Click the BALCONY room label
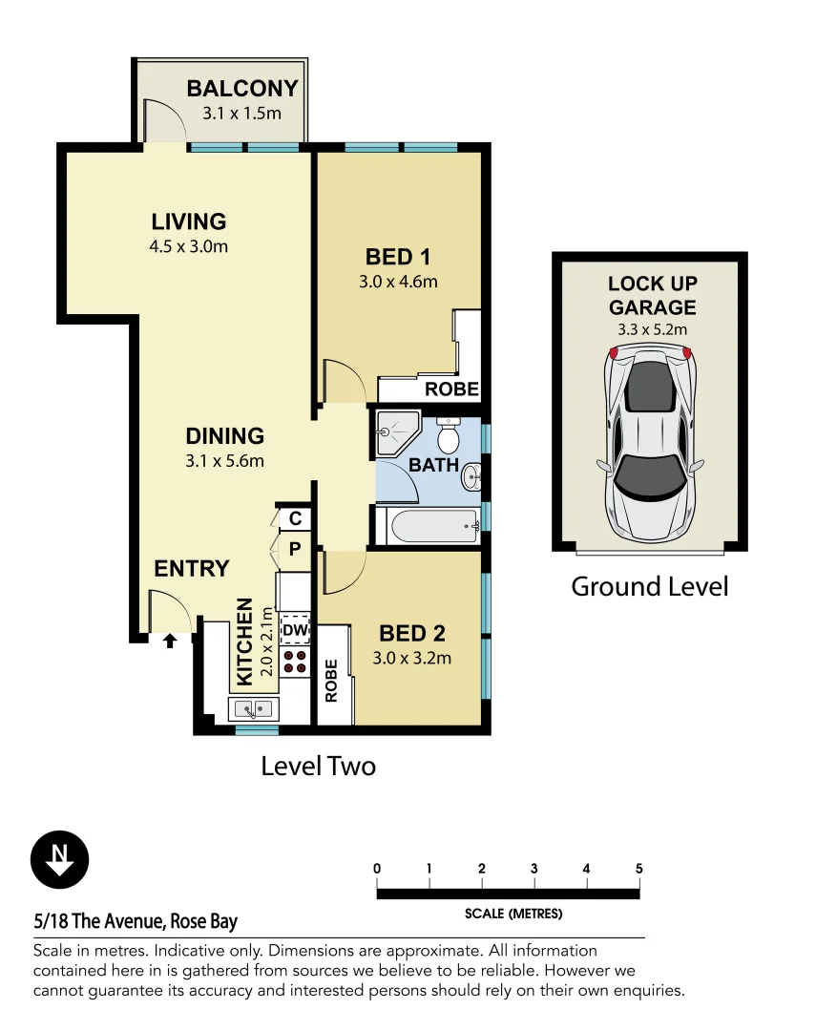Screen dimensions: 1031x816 click(x=242, y=89)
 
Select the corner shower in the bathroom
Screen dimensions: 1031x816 click(x=394, y=431)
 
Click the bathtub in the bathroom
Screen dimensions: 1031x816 click(x=428, y=524)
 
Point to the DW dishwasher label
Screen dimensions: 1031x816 click(x=295, y=631)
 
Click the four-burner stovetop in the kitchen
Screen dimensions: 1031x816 click(x=295, y=662)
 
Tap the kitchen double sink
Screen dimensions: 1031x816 click(x=253, y=708)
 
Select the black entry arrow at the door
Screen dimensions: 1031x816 click(x=170, y=641)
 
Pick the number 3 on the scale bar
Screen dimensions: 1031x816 click(x=534, y=869)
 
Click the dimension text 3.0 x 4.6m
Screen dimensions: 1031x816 click(x=398, y=282)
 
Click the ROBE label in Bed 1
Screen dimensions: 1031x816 click(x=451, y=389)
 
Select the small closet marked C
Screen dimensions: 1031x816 click(x=295, y=518)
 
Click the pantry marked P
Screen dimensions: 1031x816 click(x=295, y=549)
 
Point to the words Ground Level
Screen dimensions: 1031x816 click(x=649, y=586)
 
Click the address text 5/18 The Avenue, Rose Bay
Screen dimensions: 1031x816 click(x=135, y=921)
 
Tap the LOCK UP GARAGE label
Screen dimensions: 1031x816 click(x=653, y=296)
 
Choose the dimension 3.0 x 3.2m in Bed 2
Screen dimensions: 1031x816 click(x=411, y=658)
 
